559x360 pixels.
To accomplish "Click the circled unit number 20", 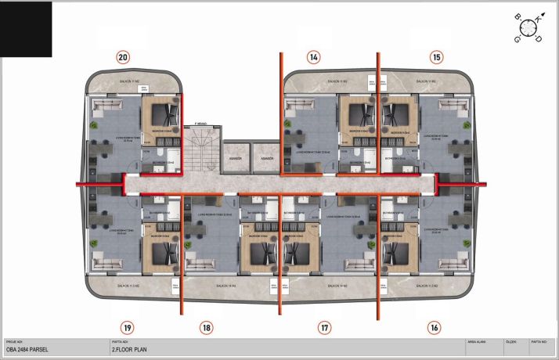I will click(x=123, y=56).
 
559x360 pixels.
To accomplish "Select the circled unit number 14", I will click(x=313, y=56).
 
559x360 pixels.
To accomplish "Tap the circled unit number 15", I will click(x=436, y=56).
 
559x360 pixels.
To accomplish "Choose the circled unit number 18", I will click(x=206, y=328).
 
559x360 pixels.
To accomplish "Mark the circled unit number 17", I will click(x=325, y=328).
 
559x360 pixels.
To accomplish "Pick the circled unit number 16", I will click(x=435, y=328).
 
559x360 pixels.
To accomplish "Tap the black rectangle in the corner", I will click(x=26, y=29).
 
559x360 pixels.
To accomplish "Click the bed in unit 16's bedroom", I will click(x=398, y=253).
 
